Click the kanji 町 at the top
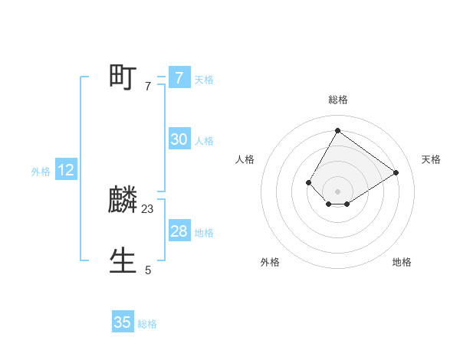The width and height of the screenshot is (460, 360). tap(123, 77)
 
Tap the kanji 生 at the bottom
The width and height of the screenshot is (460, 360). tap(123, 261)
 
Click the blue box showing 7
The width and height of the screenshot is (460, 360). tap(179, 78)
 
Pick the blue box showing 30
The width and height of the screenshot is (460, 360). tap(179, 139)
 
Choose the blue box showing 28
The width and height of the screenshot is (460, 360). tap(179, 231)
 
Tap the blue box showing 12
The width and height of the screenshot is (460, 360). tap(66, 170)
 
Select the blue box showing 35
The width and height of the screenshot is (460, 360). tap(123, 322)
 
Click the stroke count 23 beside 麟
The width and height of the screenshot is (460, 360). tap(148, 208)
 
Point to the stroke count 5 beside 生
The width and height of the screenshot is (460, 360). tap(148, 270)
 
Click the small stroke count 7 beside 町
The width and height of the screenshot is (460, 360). tap(148, 86)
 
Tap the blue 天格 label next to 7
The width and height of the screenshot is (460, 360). tap(204, 79)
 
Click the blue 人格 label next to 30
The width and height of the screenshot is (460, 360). tap(204, 140)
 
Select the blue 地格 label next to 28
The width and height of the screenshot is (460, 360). tap(204, 232)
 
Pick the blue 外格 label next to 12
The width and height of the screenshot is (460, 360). tap(41, 172)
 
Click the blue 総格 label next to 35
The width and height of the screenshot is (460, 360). tap(147, 324)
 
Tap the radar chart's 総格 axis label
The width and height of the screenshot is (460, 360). tap(337, 100)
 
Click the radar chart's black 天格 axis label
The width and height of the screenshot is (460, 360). tap(431, 159)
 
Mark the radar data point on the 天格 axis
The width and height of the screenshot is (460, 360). tap(396, 172)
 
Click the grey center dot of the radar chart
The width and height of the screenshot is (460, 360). tap(337, 191)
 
